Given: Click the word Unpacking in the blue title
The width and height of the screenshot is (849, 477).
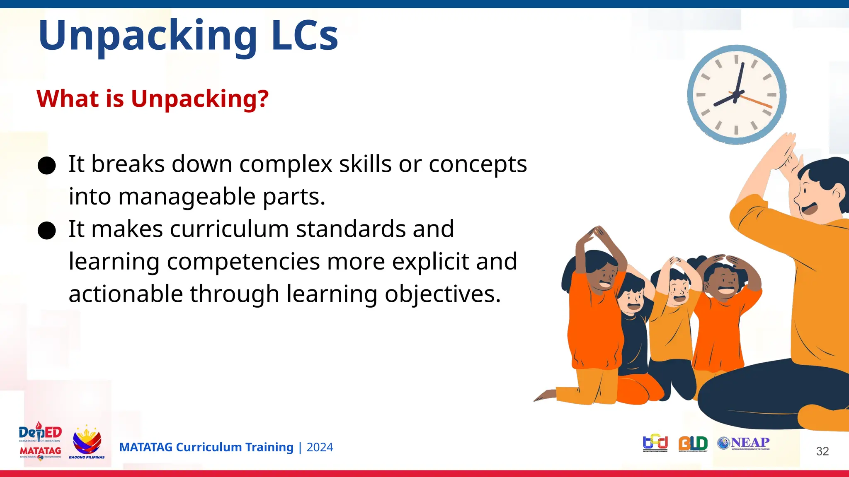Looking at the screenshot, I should point(148,36).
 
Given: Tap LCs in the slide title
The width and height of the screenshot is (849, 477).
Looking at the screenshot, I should point(305,36).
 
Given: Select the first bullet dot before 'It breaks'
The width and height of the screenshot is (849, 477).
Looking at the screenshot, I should point(46,166).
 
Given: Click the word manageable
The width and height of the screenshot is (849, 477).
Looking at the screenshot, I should point(187,196).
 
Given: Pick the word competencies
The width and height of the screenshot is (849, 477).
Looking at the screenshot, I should point(243,261).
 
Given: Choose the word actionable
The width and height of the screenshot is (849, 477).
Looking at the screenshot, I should point(126,294).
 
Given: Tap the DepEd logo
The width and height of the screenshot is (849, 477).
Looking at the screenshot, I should point(40,433).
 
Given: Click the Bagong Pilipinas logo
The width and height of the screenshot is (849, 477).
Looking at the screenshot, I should point(87,442).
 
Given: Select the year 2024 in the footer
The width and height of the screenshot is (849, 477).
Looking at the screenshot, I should point(320,447).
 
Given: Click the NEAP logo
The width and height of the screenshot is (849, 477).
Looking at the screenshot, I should point(744,443).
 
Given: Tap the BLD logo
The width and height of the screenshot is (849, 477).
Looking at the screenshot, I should point(693,443).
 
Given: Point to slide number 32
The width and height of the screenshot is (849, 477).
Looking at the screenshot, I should point(822,451).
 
